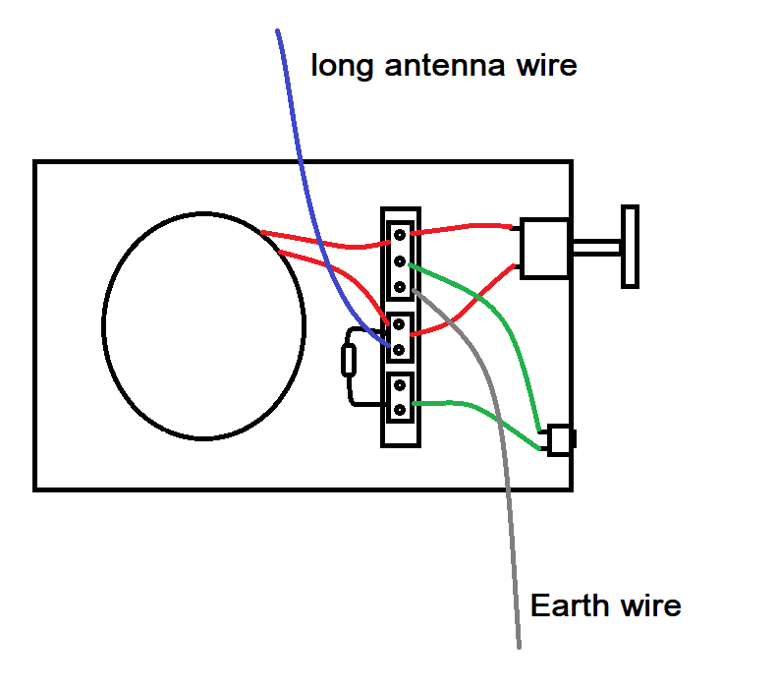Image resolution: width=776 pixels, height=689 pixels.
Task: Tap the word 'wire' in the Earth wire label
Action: (x=648, y=604)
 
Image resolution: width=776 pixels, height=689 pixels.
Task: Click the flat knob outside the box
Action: (x=630, y=246)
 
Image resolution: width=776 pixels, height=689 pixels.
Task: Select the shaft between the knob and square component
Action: (x=594, y=247)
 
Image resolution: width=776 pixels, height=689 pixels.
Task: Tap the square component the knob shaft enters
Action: (x=544, y=248)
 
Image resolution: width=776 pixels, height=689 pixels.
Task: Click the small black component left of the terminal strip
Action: (x=348, y=362)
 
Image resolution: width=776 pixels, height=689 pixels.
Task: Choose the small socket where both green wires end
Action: (x=559, y=439)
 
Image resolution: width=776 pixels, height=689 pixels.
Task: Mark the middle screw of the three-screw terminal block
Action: (x=401, y=261)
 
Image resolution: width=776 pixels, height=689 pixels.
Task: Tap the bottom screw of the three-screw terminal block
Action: (x=401, y=286)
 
